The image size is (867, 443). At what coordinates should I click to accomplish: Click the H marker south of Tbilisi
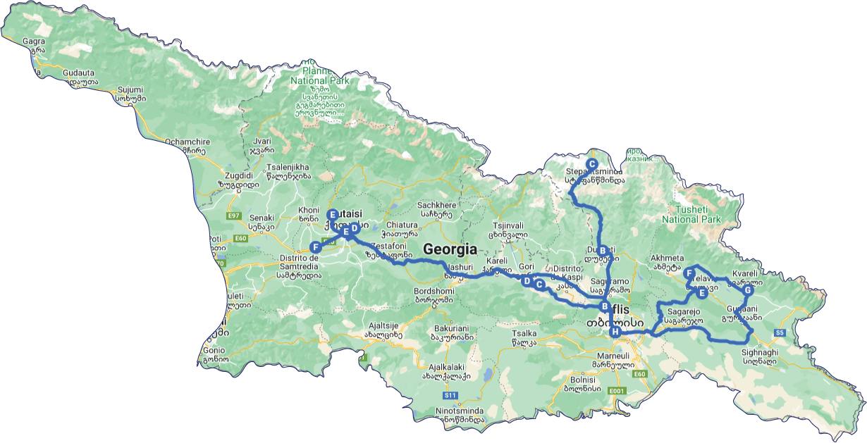[615, 332]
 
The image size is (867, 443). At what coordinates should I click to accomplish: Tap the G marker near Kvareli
[748, 290]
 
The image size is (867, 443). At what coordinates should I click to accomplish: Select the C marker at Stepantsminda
[593, 163]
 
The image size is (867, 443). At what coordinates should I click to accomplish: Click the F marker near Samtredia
[315, 247]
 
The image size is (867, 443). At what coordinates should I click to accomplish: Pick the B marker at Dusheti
[603, 250]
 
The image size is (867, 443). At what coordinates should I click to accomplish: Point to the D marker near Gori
[526, 281]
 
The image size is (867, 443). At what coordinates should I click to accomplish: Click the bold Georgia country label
[450, 249]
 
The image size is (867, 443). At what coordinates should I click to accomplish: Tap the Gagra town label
[34, 41]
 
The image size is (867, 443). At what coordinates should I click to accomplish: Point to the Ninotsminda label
[460, 410]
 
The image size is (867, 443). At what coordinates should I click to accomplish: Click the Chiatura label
[402, 225]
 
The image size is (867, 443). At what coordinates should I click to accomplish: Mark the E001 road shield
[617, 390]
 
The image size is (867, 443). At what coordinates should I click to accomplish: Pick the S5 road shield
[780, 332]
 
